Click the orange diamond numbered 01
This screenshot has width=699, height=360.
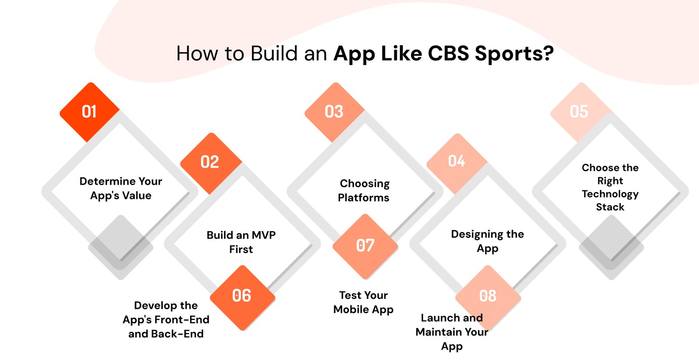[90, 112]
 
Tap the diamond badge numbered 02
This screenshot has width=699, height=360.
[210, 162]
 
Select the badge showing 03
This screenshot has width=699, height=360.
[334, 112]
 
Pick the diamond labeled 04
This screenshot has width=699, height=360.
[457, 161]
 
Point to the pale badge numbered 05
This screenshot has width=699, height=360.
[579, 112]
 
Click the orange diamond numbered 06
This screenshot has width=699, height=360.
[242, 296]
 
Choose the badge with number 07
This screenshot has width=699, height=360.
[365, 246]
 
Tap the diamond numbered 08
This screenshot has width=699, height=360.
[488, 296]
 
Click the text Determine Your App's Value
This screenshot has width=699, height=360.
[121, 188]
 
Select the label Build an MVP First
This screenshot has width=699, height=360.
[241, 242]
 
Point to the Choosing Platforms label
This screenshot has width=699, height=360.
[364, 190]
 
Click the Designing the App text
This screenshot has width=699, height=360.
[488, 241]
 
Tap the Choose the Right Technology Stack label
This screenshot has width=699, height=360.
[610, 187]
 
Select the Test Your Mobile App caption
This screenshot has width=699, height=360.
[363, 302]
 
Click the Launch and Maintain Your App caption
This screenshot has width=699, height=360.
[452, 332]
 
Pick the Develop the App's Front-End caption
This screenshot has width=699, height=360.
[166, 319]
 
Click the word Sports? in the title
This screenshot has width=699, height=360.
[514, 54]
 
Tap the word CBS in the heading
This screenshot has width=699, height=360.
[448, 54]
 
